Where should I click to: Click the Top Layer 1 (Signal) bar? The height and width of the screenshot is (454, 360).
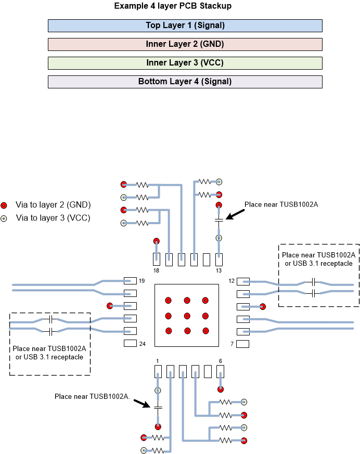pyautogui.click(x=185, y=25)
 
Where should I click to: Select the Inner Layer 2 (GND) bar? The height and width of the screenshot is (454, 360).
pyautogui.click(x=185, y=44)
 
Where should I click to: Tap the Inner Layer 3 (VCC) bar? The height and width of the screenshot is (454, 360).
pyautogui.click(x=185, y=63)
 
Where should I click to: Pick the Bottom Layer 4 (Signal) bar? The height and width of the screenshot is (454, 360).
pyautogui.click(x=185, y=82)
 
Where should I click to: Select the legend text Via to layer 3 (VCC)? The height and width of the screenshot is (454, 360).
pyautogui.click(x=53, y=218)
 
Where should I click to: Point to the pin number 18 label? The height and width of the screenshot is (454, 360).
pyautogui.click(x=156, y=271)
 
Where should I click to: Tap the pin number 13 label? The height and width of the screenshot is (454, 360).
pyautogui.click(x=218, y=271)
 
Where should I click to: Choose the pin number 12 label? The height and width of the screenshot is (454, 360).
pyautogui.click(x=232, y=281)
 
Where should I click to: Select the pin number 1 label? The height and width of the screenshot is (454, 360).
pyautogui.click(x=157, y=360)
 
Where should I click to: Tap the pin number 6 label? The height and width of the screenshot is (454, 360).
pyautogui.click(x=220, y=360)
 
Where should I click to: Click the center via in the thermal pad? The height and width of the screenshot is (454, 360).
pyautogui.click(x=187, y=316)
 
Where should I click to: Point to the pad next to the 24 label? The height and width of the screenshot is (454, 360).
pyautogui.click(x=130, y=343)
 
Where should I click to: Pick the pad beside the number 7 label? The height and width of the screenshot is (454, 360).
pyautogui.click(x=242, y=344)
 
